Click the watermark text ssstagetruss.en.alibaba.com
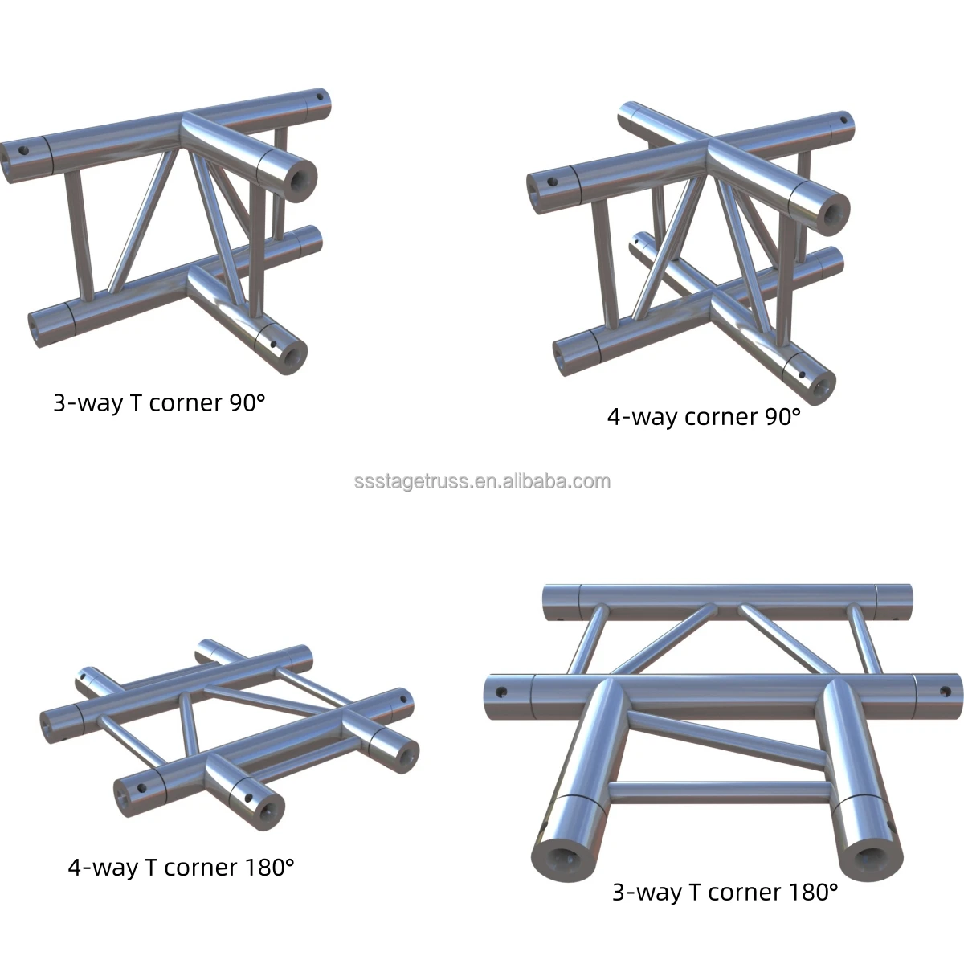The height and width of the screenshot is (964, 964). [x=482, y=482]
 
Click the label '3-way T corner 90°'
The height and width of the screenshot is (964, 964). [x=159, y=402]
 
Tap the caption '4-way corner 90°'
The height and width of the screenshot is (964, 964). [x=704, y=416]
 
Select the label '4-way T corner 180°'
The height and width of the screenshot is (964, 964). [x=181, y=868]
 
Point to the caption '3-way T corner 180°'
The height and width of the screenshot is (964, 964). [x=725, y=892]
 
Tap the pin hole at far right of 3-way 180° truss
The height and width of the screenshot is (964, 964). [x=945, y=690]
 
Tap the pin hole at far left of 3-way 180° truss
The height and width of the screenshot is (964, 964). [x=502, y=691]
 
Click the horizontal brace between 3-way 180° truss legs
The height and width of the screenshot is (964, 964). [x=719, y=792]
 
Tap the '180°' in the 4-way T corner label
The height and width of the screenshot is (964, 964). [x=267, y=868]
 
